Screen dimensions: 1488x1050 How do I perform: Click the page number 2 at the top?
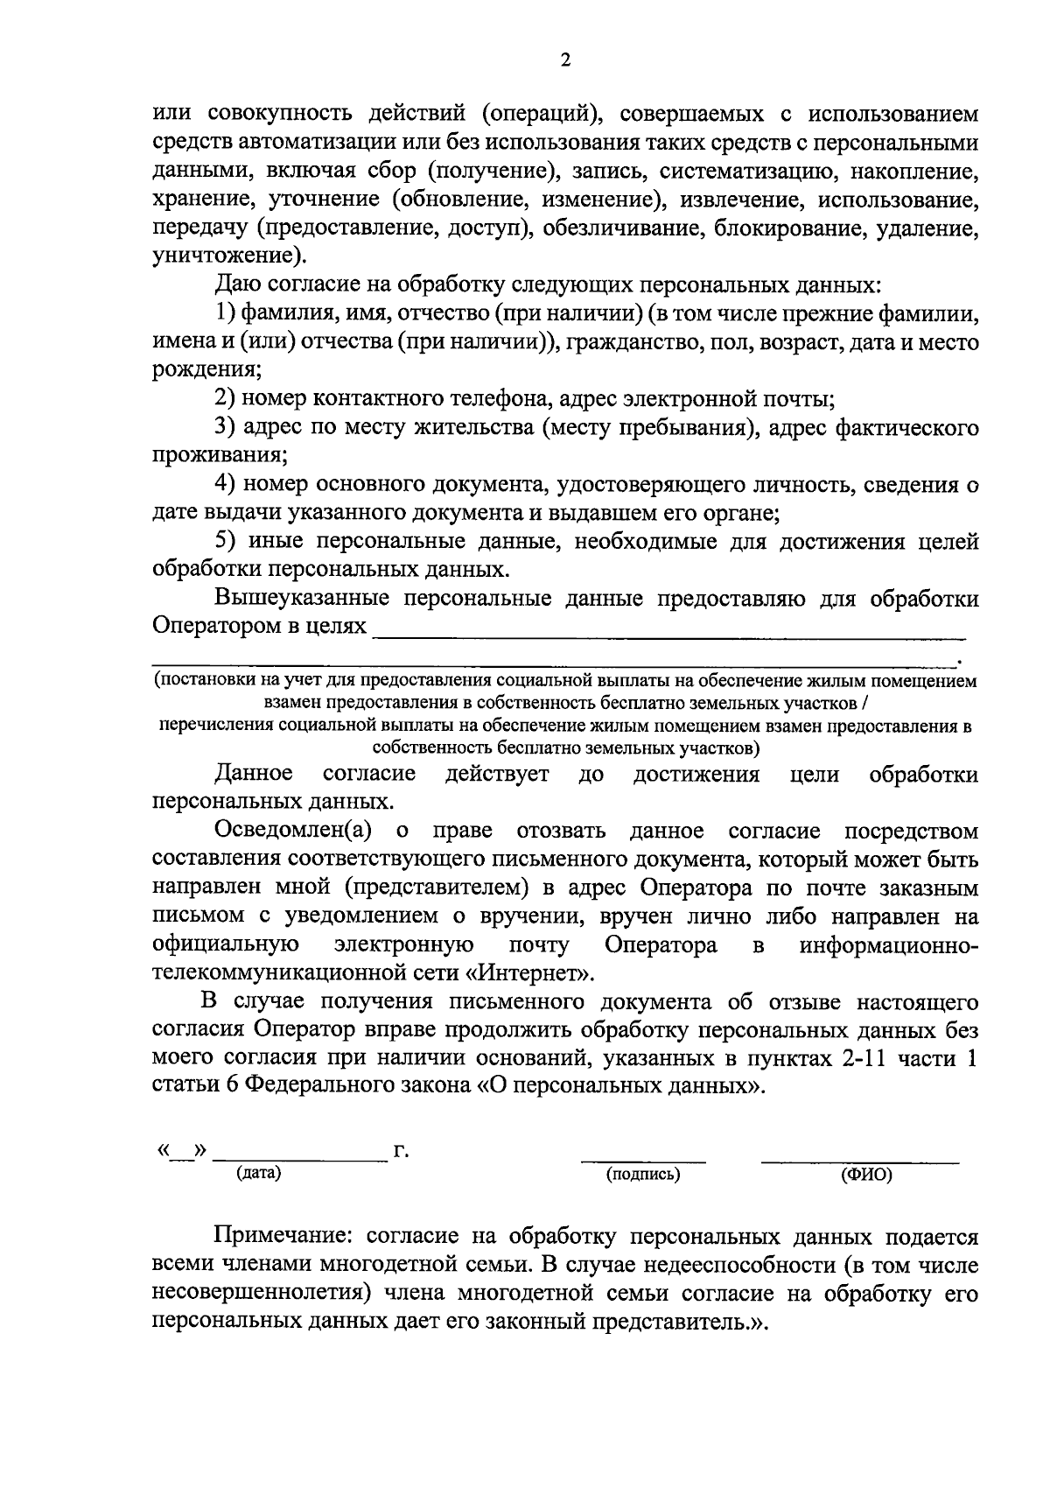pos(564,60)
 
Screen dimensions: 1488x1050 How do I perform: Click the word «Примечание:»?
pos(283,1237)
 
